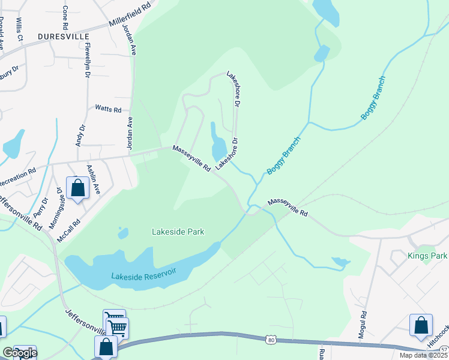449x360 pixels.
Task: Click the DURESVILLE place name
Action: [x=64, y=37]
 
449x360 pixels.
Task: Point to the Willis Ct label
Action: [x=19, y=29]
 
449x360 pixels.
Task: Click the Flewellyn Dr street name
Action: [x=88, y=59]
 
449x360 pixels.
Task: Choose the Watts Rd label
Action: [x=108, y=109]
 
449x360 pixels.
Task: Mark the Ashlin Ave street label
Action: [x=92, y=180]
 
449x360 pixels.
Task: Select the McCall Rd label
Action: [x=68, y=229]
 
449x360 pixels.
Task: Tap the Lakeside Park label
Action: [x=178, y=232]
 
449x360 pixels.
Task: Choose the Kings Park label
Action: [x=427, y=256]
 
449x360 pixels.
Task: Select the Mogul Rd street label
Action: [x=363, y=325]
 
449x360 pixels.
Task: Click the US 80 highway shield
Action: [x=271, y=340]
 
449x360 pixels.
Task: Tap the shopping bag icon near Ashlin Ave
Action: [x=77, y=188]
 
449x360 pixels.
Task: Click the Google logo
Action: [x=19, y=353]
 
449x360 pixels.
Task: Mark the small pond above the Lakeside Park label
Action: [x=123, y=232]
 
